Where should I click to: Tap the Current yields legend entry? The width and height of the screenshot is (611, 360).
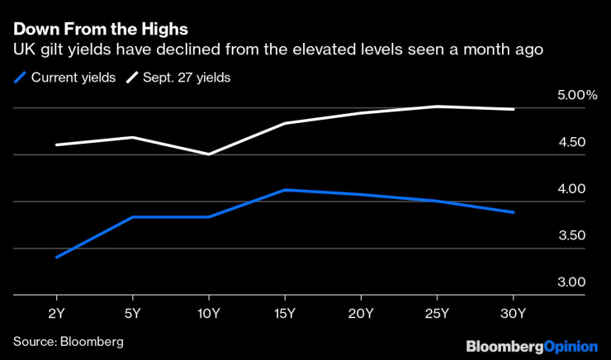(x=68, y=78)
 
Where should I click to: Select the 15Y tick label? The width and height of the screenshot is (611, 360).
(x=284, y=314)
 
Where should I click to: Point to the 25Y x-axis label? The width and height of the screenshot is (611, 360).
(x=437, y=314)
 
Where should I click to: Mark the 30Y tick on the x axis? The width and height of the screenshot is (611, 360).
(x=514, y=314)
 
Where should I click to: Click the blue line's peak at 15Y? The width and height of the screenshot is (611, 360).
(x=284, y=190)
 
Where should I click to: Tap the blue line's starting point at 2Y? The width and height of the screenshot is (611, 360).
(x=55, y=258)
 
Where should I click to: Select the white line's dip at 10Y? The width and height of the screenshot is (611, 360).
(x=208, y=154)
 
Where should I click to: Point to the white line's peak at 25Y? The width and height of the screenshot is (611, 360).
(x=437, y=106)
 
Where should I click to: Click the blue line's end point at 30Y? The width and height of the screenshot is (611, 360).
(x=514, y=212)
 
